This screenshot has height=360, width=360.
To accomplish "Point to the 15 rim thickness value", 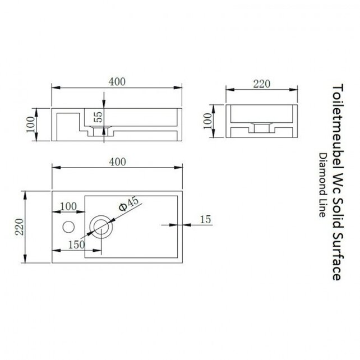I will pos(205,219).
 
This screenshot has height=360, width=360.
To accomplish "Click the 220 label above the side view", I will pos(262,84).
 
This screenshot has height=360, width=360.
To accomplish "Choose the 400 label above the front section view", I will pos(116,82).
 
